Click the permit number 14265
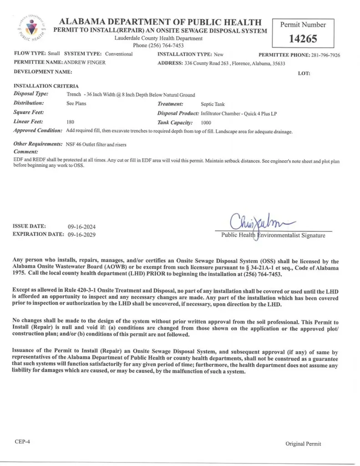tap(303, 39)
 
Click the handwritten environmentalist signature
tap(263, 223)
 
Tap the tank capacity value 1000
tap(206, 122)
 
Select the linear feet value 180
tap(70, 122)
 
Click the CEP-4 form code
tap(22, 441)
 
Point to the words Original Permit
tap(303, 444)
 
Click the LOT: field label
tap(304, 73)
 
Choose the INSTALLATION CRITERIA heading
tap(46, 86)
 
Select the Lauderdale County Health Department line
tap(158, 38)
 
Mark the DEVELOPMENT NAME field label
tap(43, 72)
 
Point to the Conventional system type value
tap(117, 54)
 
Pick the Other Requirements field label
tap(38, 144)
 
